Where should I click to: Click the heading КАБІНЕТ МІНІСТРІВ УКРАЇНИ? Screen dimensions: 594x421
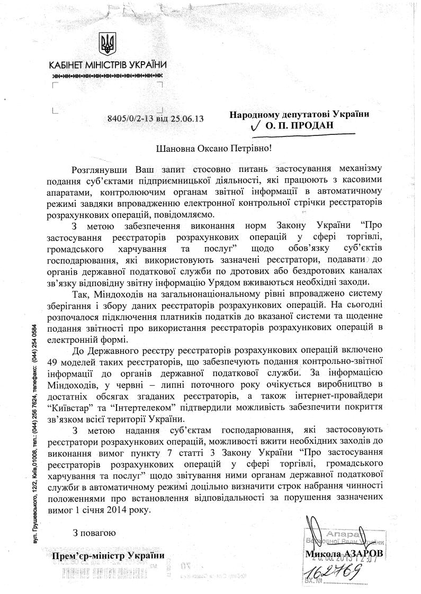[108, 66]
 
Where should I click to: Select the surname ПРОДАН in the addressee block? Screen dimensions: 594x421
[318, 127]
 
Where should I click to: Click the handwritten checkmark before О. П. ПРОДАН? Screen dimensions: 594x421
[256, 127]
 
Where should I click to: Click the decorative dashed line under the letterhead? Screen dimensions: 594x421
[108, 77]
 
